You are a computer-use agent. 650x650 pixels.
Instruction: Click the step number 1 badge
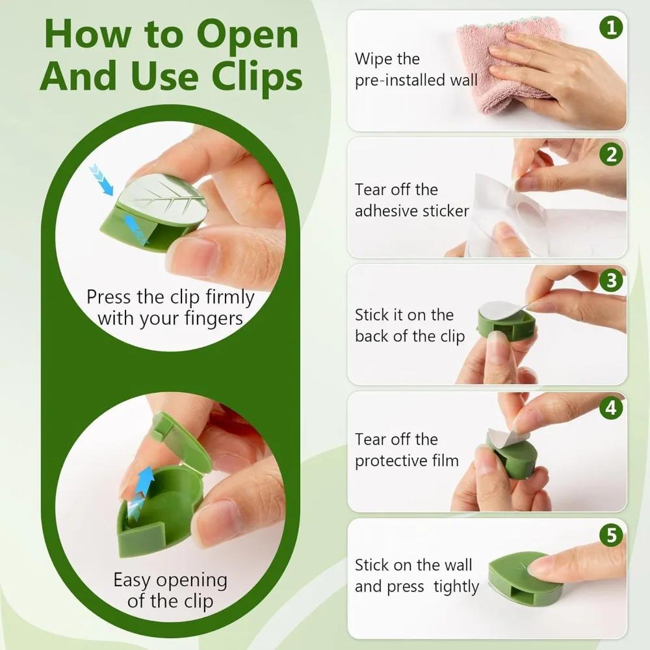pyautogui.click(x=612, y=28)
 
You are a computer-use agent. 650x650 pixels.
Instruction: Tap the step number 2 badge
pyautogui.click(x=612, y=155)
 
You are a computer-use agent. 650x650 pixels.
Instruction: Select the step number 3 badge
pyautogui.click(x=612, y=281)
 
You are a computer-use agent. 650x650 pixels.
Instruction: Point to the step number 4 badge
pyautogui.click(x=612, y=408)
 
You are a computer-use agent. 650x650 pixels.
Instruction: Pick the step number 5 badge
pyautogui.click(x=612, y=535)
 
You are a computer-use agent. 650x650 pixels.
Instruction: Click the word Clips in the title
pyautogui.click(x=257, y=77)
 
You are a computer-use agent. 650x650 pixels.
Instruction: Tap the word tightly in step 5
pyautogui.click(x=456, y=587)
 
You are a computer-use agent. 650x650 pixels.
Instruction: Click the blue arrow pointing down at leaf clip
pyautogui.click(x=101, y=179)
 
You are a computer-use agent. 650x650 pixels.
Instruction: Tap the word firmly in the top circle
pyautogui.click(x=229, y=297)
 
